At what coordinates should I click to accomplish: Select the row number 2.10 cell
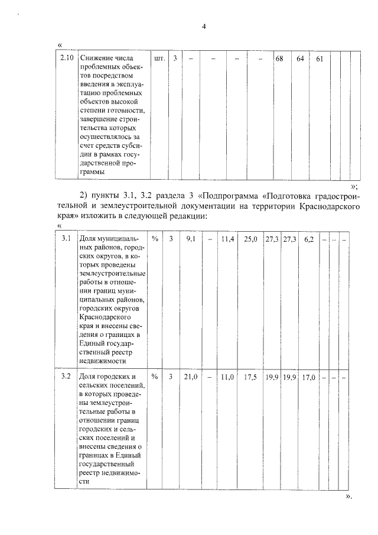(67, 58)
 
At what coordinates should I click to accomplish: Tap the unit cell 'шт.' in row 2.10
(159, 59)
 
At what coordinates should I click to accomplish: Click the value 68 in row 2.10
(280, 59)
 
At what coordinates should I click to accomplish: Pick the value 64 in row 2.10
(300, 59)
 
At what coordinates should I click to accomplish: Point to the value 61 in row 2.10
(319, 59)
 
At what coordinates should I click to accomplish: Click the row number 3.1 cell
(67, 239)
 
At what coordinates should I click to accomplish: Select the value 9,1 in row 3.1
(191, 239)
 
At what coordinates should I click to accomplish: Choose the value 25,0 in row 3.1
(251, 239)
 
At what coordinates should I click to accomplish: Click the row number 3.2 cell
(67, 377)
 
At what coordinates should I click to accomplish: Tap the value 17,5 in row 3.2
(251, 377)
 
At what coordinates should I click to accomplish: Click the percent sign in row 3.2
(155, 377)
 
